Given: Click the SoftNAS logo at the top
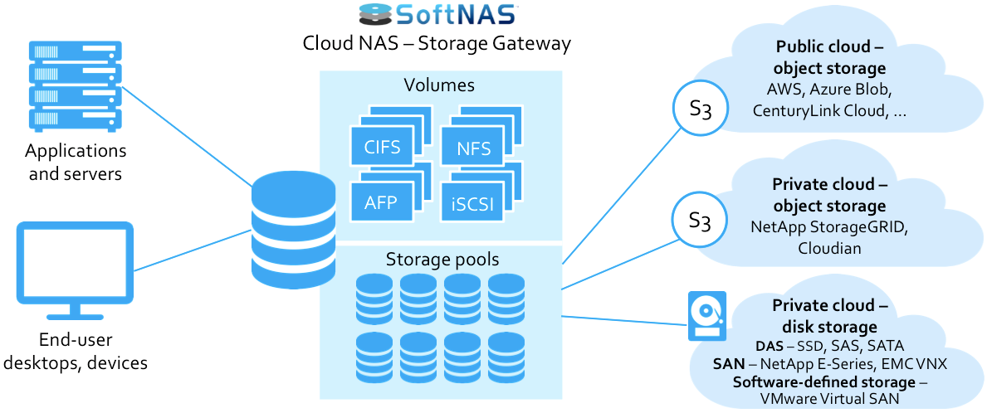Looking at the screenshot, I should tap(437, 15).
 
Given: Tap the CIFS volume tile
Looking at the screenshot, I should tap(382, 148).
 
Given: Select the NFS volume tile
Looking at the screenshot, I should tap(473, 149).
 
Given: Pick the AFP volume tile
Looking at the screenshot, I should tap(382, 202).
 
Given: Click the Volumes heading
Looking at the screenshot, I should tap(439, 85).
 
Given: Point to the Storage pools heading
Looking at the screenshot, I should tap(442, 260).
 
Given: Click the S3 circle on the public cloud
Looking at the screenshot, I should tap(700, 109).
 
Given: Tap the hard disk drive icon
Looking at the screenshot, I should tap(706, 316).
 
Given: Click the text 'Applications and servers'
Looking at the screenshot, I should tap(76, 163).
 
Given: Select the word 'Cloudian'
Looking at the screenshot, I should tap(829, 247).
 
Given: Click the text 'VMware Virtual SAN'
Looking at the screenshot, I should tap(830, 398).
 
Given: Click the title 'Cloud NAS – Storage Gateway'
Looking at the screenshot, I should tap(437, 44).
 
